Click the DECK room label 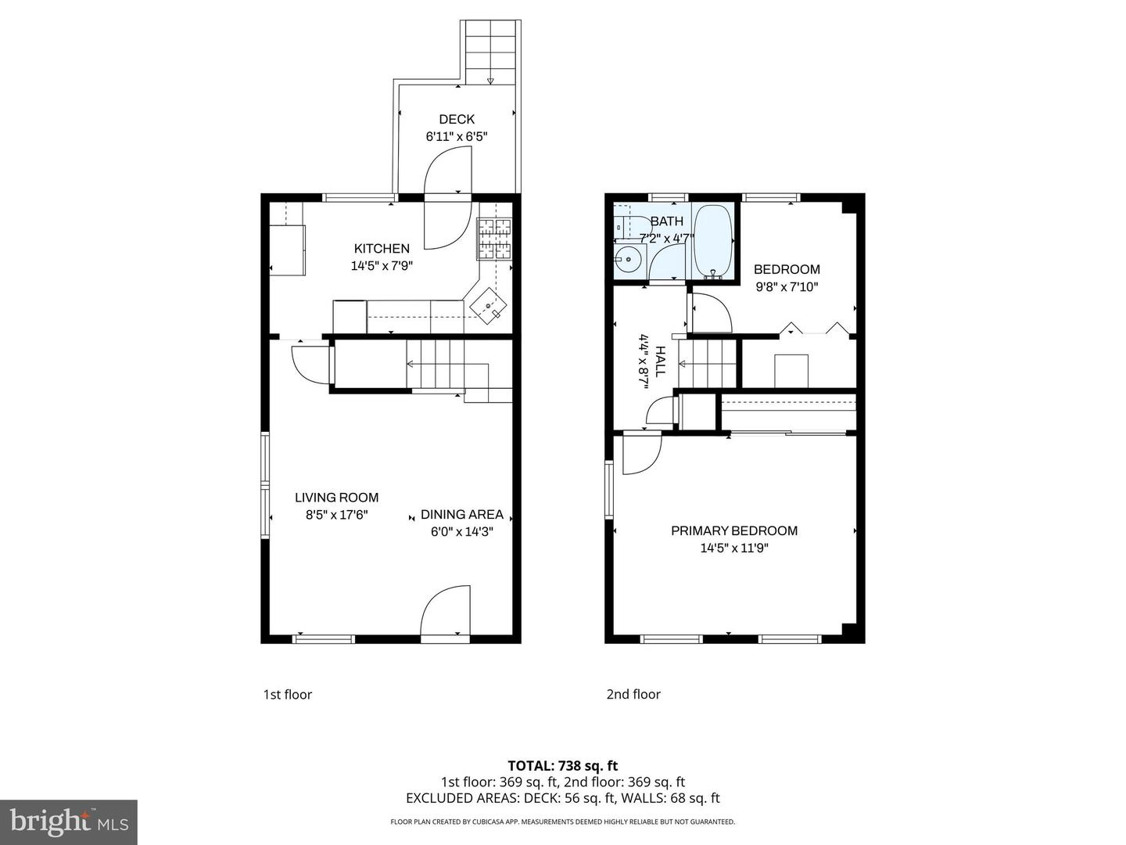tap(457, 119)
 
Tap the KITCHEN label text tap(382, 249)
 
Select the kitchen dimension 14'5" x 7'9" tap(382, 266)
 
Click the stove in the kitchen tap(494, 239)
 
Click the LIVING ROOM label tap(336, 498)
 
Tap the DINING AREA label tap(461, 515)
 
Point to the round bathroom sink tap(627, 261)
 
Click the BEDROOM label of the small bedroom tap(787, 269)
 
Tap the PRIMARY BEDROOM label tap(734, 531)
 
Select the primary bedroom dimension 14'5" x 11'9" tap(734, 548)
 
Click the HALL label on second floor tap(661, 361)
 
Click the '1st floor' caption tap(287, 695)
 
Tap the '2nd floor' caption tap(633, 695)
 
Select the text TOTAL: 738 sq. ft tap(562, 766)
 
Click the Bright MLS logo tap(69, 822)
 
